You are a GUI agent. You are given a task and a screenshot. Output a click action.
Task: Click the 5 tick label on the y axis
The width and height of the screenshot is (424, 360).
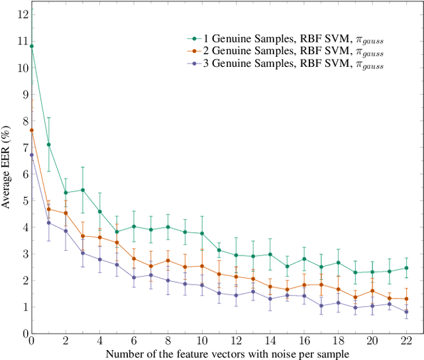(x=25, y=201)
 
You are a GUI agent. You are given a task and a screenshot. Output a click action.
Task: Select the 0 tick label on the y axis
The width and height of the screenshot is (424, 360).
(x=25, y=334)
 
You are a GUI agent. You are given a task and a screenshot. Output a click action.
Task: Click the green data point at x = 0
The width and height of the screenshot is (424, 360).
(x=31, y=46)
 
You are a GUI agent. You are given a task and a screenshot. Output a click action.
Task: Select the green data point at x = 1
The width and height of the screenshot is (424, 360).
(x=48, y=144)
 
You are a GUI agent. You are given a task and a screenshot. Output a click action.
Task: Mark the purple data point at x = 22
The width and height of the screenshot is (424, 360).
(x=405, y=312)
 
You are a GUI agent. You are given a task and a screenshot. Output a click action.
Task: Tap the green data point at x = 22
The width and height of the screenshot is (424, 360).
(x=405, y=268)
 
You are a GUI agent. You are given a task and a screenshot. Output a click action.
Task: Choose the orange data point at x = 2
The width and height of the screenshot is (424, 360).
(x=66, y=213)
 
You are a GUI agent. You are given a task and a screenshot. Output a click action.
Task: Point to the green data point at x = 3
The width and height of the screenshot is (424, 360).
(x=82, y=190)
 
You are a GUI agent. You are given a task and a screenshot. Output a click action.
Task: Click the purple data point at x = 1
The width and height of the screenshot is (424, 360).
(x=48, y=223)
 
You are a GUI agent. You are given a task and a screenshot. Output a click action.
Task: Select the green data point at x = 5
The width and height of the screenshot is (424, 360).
(x=117, y=232)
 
